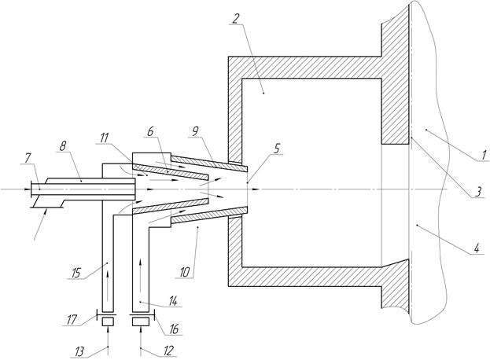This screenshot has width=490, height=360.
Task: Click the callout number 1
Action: point(484,155)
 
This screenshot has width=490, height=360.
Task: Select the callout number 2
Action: point(236,19)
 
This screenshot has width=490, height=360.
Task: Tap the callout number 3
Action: point(478,192)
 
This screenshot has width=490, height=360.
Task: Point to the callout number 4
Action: point(477,249)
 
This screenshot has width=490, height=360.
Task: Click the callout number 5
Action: point(277,149)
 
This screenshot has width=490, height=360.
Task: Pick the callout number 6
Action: point(151,131)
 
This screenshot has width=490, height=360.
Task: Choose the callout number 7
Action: point(28,158)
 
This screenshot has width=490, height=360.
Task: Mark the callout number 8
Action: point(62,146)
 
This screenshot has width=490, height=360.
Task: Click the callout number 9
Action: point(195,131)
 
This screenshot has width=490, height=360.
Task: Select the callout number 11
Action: point(105,138)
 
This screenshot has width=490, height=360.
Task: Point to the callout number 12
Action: point(168,351)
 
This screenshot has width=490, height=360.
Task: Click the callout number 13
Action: point(79,352)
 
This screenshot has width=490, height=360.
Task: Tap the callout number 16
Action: point(174,329)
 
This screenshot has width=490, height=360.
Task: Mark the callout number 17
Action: point(72,320)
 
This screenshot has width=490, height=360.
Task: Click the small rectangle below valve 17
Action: point(108,321)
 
